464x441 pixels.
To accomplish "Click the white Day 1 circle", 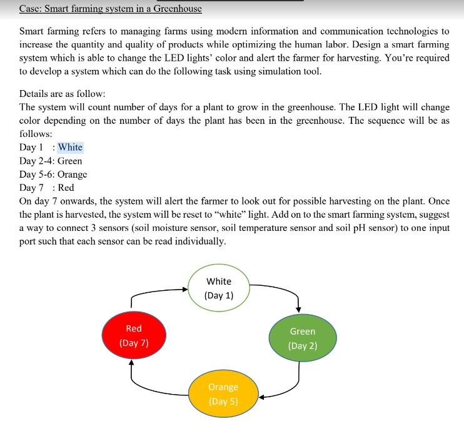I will tap(219, 288).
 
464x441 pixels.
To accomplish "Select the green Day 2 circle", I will tap(303, 338).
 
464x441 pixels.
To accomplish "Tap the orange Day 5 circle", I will tap(223, 394).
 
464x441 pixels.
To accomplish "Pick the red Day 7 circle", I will tap(134, 335).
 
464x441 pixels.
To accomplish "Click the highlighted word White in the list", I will tap(70, 148).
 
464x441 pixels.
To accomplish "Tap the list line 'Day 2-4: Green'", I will tap(51, 161).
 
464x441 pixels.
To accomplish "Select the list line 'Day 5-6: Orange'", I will tap(53, 175).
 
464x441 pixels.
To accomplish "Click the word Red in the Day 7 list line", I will tap(66, 188).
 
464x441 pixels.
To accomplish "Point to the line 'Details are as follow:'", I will tap(62, 94).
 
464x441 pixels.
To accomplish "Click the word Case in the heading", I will tap(31, 9).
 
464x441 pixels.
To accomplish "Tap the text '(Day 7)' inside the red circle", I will tap(134, 343).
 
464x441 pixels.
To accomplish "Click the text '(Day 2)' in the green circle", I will tap(303, 346).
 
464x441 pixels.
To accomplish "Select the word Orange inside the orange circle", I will tap(223, 387).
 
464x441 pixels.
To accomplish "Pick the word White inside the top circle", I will tap(219, 281).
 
